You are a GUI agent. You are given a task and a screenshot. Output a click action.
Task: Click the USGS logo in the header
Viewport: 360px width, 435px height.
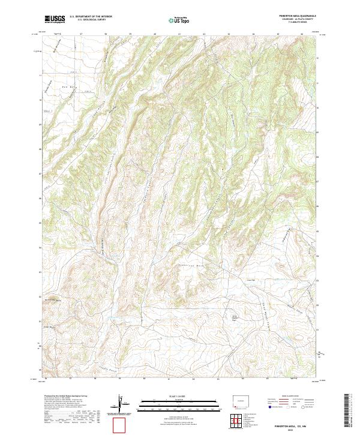[55, 20]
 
